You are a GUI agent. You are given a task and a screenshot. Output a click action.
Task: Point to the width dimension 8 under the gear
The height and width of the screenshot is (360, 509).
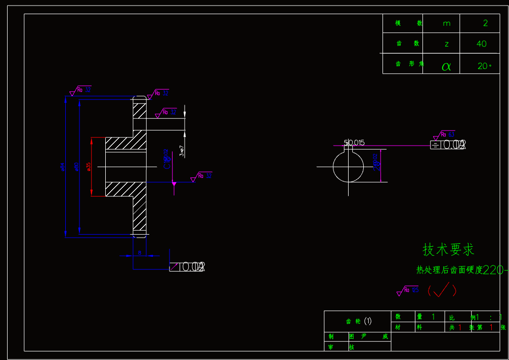139,252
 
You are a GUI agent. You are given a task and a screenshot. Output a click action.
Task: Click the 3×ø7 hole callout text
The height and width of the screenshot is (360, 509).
182,150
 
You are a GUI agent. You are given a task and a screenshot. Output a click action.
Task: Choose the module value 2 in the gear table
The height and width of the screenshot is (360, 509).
486,23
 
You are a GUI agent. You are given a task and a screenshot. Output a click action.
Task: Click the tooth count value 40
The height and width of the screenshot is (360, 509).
482,44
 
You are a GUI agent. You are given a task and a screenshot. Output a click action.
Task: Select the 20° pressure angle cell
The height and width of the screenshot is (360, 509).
484,66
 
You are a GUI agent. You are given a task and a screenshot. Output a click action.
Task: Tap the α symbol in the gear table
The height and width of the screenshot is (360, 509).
446,66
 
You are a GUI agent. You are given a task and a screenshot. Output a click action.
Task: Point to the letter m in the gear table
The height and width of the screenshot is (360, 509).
446,23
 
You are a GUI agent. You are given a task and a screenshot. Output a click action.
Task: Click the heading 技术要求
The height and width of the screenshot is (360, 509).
448,249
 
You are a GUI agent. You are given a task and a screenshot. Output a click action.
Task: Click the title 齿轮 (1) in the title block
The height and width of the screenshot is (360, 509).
358,321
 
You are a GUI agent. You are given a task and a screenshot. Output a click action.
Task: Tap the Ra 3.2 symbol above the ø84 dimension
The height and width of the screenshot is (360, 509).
80,90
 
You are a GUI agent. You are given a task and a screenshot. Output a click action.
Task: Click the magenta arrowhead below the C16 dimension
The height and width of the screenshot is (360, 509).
174,185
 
